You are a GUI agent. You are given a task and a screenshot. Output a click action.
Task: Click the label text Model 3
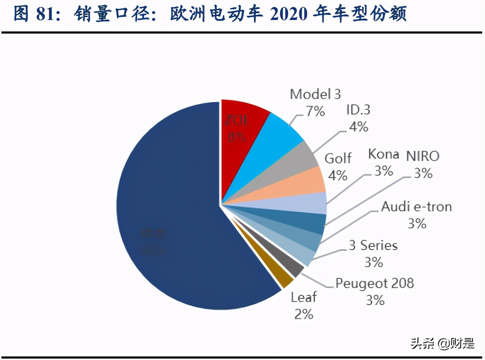(315, 94)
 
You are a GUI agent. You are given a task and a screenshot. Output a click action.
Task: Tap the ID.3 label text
(358, 110)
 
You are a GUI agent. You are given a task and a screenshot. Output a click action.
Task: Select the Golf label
(338, 158)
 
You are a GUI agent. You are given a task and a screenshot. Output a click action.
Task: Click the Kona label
(384, 154)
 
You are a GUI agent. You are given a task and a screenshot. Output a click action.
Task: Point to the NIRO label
(423, 156)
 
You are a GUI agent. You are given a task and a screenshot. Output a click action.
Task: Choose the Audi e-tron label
(416, 207)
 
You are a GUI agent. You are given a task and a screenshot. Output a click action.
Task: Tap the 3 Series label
(373, 245)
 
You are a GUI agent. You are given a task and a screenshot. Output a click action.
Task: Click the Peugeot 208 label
(375, 283)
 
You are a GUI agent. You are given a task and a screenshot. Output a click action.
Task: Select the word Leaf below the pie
(304, 297)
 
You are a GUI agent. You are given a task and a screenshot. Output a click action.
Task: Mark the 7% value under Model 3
(315, 111)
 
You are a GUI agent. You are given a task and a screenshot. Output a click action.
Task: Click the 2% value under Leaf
(304, 314)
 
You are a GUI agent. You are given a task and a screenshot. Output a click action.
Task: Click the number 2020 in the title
(289, 14)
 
